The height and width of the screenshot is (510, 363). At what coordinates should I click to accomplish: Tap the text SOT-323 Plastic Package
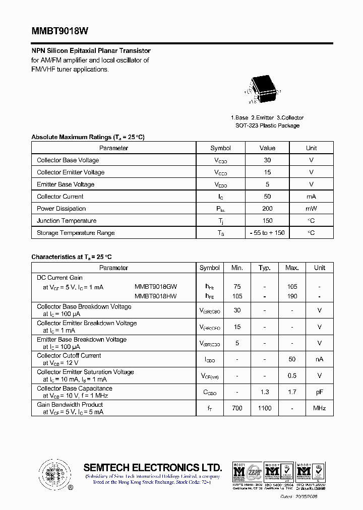tap(267, 125)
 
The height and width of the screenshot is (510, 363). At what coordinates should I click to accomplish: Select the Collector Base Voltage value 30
tap(267, 160)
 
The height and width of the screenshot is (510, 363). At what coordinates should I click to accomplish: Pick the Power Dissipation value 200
tap(267, 209)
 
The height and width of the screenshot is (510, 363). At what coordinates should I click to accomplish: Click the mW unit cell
tap(311, 209)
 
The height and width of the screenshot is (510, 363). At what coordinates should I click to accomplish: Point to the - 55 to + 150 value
tap(267, 233)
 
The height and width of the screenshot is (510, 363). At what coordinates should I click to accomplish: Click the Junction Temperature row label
tap(67, 221)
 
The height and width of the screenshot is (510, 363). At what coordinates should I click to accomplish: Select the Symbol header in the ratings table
tap(220, 148)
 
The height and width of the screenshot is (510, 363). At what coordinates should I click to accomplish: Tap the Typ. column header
tap(265, 268)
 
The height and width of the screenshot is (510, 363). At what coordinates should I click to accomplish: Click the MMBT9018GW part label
tap(156, 287)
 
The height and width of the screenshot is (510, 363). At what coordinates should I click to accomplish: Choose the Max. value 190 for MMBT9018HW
tap(292, 296)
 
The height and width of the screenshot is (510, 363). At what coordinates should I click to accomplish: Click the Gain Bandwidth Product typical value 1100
tap(265, 408)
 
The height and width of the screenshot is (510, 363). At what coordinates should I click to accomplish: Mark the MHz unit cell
tap(319, 408)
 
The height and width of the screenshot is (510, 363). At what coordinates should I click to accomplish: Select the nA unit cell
tap(319, 359)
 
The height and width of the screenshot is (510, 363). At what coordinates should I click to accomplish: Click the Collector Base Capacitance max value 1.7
tap(292, 392)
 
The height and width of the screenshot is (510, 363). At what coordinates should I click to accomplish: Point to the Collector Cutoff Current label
tap(69, 356)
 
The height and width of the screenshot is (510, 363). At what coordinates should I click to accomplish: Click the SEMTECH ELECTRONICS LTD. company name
tap(152, 467)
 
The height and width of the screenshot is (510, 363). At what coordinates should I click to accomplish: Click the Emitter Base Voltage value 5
tap(267, 184)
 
